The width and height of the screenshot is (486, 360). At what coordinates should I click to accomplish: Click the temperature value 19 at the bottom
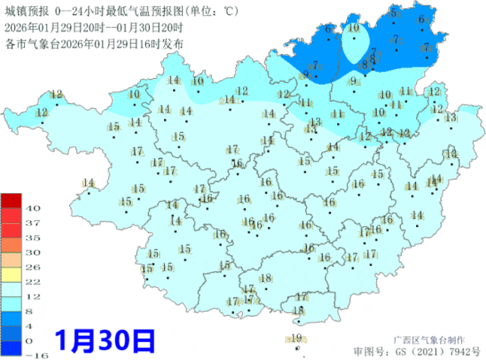(x=297, y=338)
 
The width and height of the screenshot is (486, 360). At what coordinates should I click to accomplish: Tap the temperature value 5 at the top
(x=393, y=13)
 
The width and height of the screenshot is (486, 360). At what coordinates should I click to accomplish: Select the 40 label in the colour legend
(x=33, y=208)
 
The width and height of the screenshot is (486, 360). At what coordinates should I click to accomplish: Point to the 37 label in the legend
(x=33, y=223)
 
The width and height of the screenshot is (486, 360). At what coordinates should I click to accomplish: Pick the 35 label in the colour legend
(x=33, y=237)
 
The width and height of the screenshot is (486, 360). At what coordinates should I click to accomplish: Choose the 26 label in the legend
(x=33, y=267)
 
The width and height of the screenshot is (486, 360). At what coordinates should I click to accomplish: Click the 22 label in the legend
(x=33, y=281)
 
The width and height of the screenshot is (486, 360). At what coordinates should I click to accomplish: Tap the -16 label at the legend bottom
(x=33, y=354)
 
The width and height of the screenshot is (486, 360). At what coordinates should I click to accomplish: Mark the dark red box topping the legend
(x=11, y=201)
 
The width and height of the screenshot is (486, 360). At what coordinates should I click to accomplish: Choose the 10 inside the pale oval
(x=354, y=28)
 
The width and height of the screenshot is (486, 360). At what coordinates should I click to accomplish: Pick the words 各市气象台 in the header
(x=31, y=43)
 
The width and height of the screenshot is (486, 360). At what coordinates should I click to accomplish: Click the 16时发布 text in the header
(x=161, y=43)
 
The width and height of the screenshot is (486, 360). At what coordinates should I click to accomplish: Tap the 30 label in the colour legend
(x=33, y=252)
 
